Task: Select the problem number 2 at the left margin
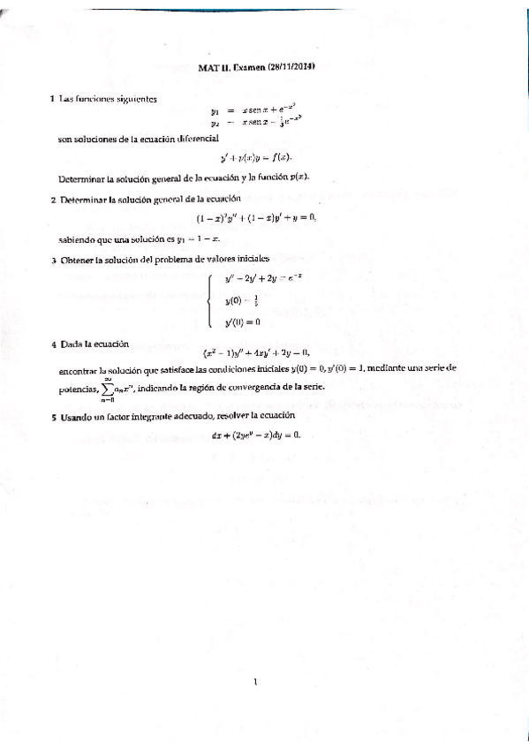coord(54,199)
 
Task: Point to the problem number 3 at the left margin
coord(54,260)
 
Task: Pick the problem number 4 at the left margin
coord(54,343)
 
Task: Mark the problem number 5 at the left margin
coord(54,415)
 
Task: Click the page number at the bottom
coord(254,681)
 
